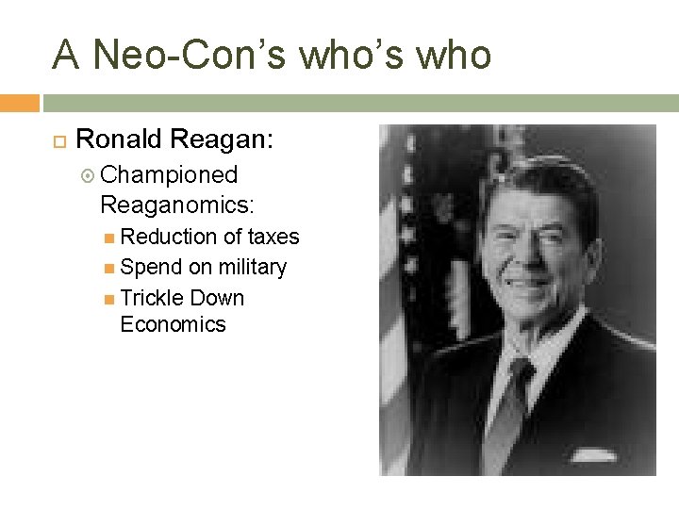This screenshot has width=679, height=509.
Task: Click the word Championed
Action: (169, 175)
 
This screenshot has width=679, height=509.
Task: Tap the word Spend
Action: (151, 268)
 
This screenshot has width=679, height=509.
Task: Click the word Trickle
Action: (153, 298)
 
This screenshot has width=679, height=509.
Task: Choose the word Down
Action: (217, 298)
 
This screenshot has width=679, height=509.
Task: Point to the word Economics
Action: (174, 324)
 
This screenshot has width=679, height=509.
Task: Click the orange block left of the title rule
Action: (20, 103)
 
